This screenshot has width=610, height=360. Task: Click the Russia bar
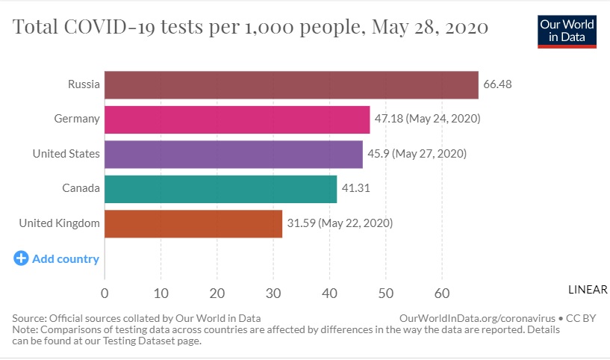click(x=291, y=84)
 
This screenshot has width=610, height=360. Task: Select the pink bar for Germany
click(x=237, y=120)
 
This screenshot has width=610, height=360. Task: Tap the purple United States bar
click(x=233, y=154)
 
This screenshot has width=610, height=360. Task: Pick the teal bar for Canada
click(x=220, y=188)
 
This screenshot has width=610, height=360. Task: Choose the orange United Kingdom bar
click(x=193, y=223)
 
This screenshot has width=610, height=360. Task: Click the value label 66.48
click(x=497, y=84)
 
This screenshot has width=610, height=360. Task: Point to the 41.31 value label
click(x=355, y=188)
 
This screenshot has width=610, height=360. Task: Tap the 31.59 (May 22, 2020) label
click(x=340, y=223)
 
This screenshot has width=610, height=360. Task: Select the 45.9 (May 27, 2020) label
click(x=417, y=154)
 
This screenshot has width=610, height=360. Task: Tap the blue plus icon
click(x=21, y=258)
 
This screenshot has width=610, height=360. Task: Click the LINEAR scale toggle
click(x=588, y=290)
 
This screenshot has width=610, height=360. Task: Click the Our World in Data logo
click(x=567, y=31)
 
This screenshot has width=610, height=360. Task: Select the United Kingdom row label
click(x=59, y=223)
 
